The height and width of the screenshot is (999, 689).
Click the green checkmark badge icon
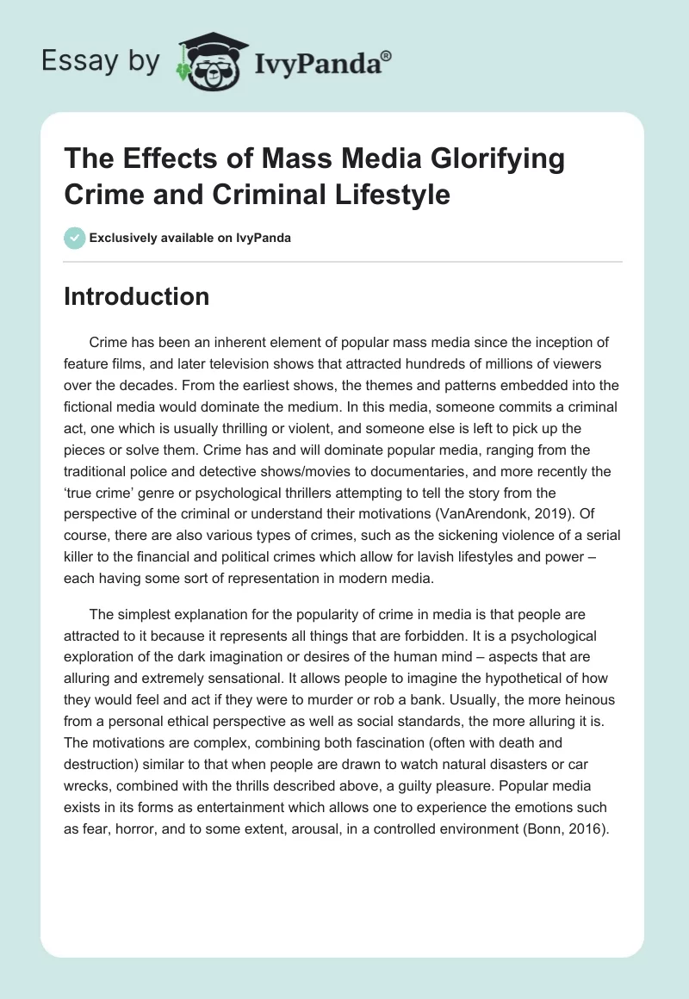coord(75,238)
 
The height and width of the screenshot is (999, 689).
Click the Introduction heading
coord(137,297)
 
